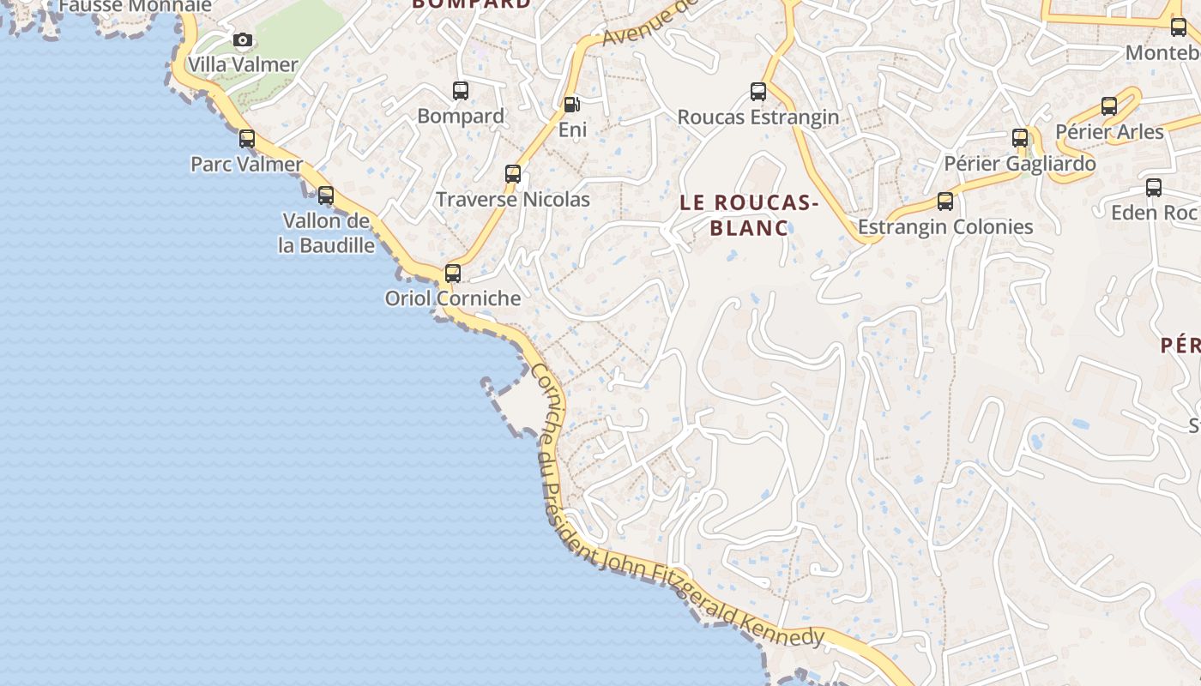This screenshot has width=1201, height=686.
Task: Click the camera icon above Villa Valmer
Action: coord(243,39)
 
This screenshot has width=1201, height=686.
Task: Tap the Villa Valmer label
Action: coord(243,64)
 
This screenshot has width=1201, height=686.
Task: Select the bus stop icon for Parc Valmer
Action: coord(247,138)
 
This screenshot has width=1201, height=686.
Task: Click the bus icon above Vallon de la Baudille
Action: coord(326,195)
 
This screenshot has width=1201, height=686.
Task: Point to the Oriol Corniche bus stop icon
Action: coord(453,274)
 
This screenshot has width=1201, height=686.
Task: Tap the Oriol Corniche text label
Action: coord(453,298)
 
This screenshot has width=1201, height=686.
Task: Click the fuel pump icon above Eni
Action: coord(571,105)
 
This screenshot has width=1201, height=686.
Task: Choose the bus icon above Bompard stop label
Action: coord(461,90)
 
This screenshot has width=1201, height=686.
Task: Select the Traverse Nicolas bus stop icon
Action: coord(513,174)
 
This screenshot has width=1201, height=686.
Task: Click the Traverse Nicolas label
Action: coord(513,200)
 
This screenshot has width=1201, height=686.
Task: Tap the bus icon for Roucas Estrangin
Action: coord(758,91)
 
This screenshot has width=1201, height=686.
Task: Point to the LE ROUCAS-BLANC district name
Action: coord(749,215)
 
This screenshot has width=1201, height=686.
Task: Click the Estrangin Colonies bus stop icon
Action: coord(945,202)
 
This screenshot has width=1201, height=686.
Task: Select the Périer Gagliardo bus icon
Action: coord(1020,137)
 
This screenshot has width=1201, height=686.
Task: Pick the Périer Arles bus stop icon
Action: coord(1109,106)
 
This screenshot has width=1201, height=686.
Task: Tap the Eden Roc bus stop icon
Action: coord(1154,187)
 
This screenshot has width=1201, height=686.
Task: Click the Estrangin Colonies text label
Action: coord(945,227)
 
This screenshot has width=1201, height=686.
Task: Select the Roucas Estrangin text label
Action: coord(758,117)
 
